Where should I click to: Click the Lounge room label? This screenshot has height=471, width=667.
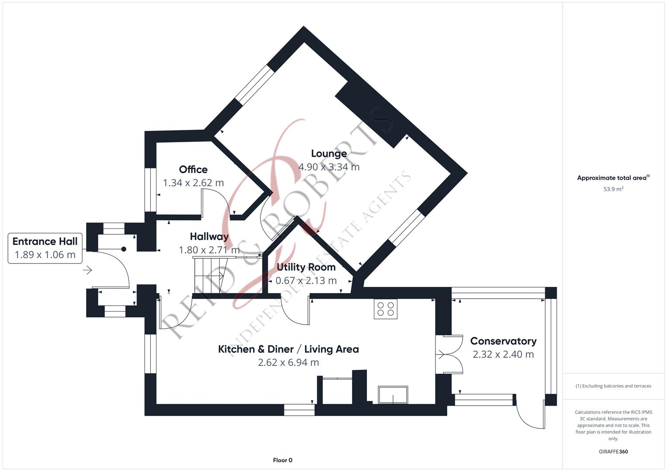pos(328,154)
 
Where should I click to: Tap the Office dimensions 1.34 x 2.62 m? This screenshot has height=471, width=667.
pos(193,183)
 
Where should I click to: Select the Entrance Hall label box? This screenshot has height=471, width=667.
pos(45,248)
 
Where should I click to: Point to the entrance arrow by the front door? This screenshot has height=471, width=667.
pos(87,270)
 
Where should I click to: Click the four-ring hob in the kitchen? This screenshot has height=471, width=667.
pos(386,309)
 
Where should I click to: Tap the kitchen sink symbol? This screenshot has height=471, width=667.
pos(393,395)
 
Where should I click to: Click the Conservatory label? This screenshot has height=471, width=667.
pos(503,341)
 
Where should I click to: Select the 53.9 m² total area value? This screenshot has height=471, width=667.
pos(613,189)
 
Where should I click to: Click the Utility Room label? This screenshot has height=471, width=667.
pos(306,267)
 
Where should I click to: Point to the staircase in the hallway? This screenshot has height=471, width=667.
pos(211,276)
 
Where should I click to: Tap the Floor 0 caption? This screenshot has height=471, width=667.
pos(283,460)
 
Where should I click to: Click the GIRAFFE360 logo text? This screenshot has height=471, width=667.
pos(613,451)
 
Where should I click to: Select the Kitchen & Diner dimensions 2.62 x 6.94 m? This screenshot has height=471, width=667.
pos(288,362)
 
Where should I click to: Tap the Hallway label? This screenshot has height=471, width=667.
pos(209,237)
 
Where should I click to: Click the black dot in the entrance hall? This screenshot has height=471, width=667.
pos(124,249)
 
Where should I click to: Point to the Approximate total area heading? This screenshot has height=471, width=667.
pos(613,178)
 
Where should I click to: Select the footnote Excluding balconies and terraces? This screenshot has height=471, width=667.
pos(613,386)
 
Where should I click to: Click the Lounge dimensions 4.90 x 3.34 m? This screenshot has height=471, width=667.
pos(328,167)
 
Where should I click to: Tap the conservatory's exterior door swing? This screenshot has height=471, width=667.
pos(530,413)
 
